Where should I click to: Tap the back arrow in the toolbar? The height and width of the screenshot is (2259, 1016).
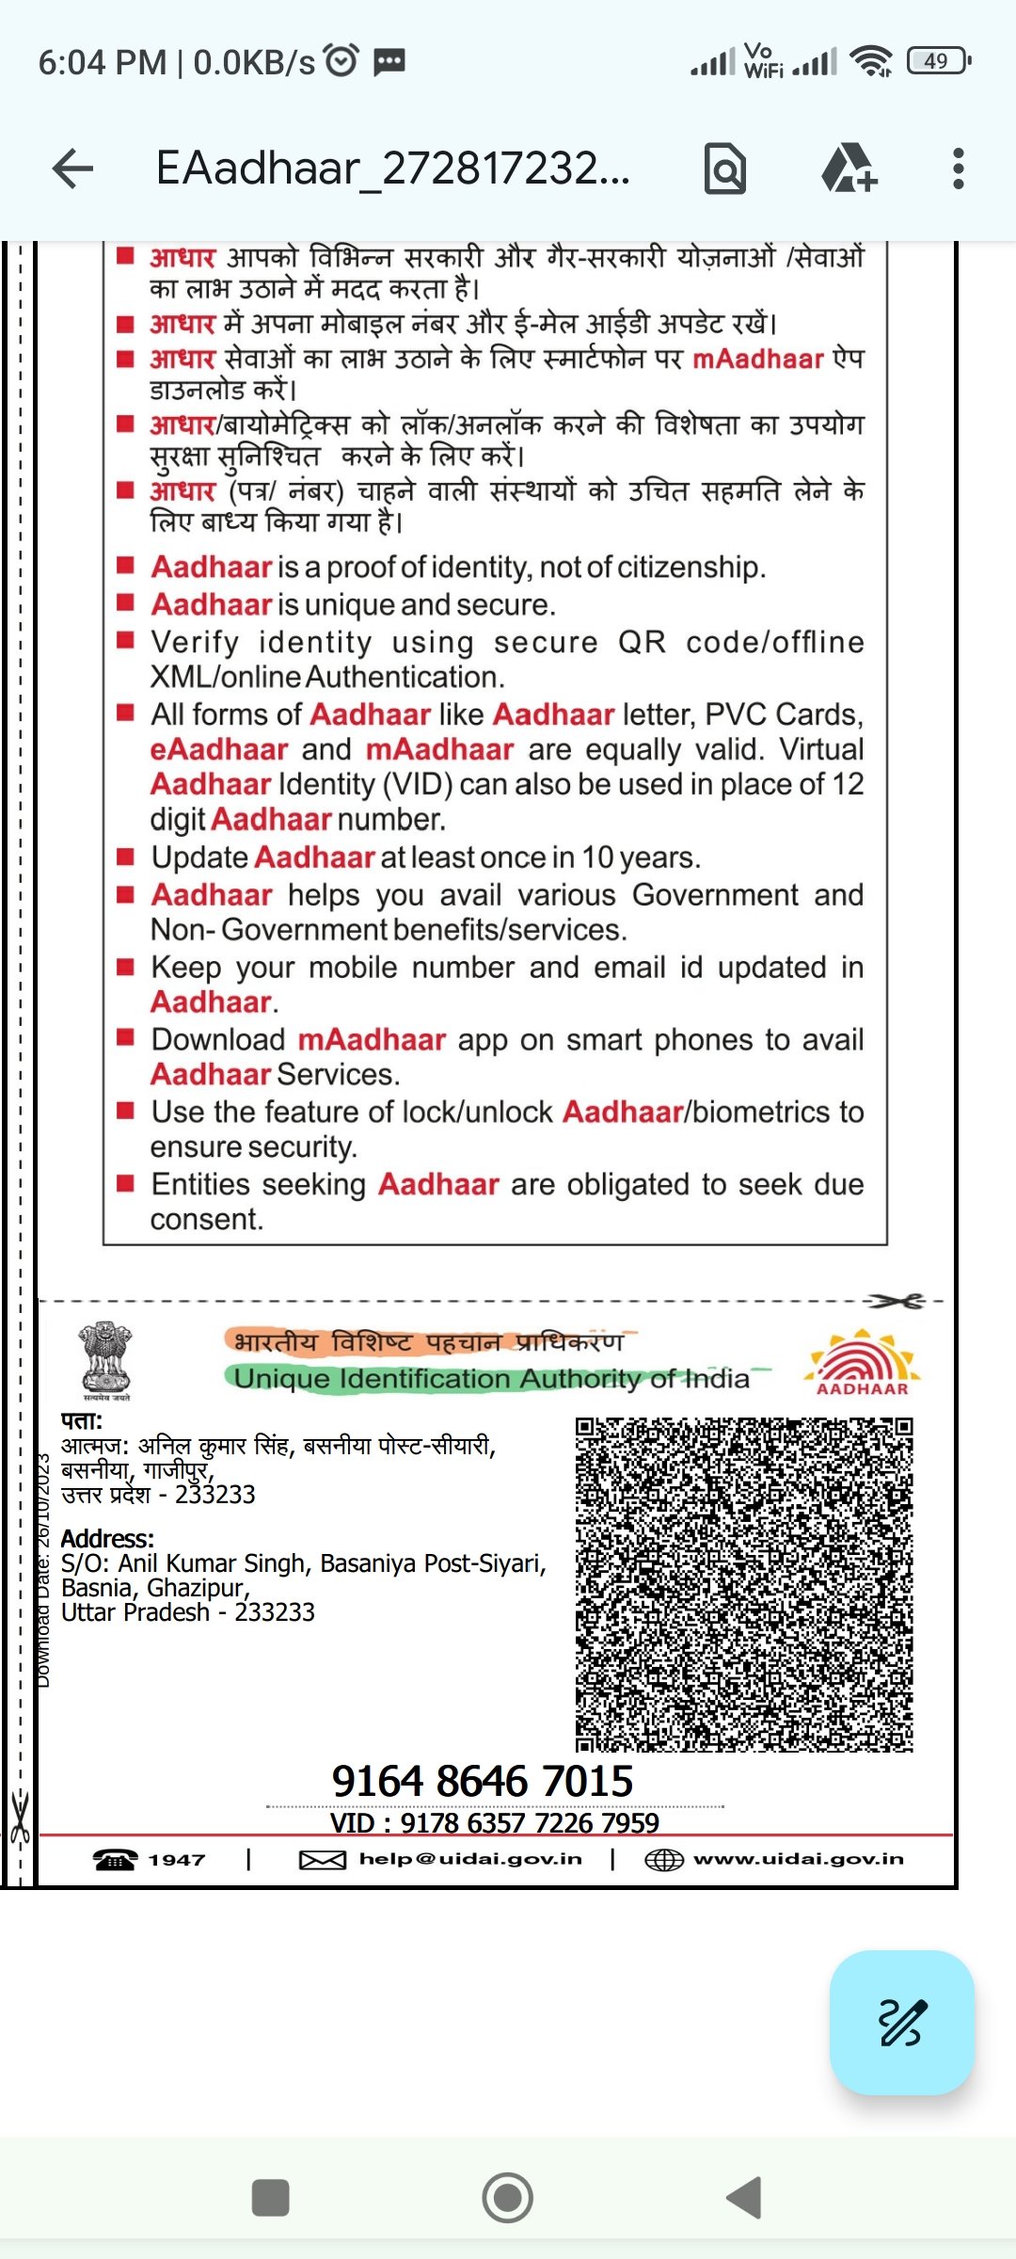[x=72, y=169]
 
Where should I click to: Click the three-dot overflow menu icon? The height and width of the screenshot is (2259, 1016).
[x=958, y=169]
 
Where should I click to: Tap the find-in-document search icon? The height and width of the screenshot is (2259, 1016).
[x=725, y=169]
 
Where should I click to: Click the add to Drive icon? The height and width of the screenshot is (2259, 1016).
[x=849, y=169]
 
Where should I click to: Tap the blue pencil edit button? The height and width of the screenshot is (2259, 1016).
[x=901, y=2022]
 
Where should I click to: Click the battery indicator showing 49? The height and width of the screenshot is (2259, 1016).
[x=937, y=61]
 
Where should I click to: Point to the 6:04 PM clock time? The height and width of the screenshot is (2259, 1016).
[x=102, y=62]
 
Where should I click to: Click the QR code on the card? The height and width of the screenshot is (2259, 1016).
[x=743, y=1584]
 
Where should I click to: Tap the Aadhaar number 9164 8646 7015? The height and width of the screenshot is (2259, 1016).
[x=482, y=1781]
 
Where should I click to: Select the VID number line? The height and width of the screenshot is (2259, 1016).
[x=494, y=1823]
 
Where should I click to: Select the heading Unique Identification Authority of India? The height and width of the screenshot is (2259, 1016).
[x=491, y=1379]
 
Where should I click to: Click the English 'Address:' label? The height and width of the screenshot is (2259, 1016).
[x=107, y=1539]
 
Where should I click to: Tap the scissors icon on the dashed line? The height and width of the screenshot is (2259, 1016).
[x=897, y=1301]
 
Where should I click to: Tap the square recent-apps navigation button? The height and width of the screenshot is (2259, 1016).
[x=271, y=2198]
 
